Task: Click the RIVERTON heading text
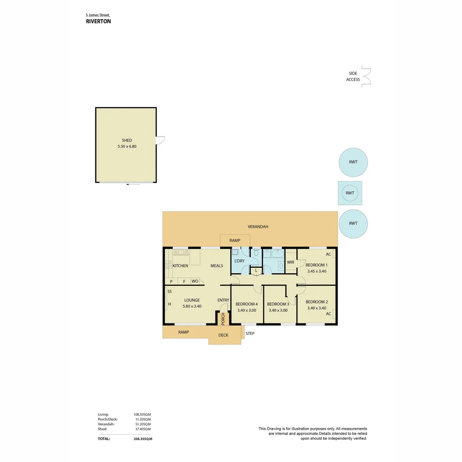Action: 98,21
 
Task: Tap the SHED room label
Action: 127,140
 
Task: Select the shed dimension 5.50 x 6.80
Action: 127,146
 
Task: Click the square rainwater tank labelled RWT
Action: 350,193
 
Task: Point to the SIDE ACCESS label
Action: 353,76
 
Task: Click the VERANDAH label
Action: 258,227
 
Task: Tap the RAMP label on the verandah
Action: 235,240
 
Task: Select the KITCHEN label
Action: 181,266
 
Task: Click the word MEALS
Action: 216,266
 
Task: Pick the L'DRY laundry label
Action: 240,261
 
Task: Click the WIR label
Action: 290,262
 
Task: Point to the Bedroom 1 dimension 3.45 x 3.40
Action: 317,271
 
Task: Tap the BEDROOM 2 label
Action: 317,302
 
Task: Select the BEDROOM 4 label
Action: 247,304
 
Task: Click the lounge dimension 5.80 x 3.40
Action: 192,306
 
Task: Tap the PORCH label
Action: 223,319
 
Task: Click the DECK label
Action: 223,335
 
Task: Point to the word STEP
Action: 250,334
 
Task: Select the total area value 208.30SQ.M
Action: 143,439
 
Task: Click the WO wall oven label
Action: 195,281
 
